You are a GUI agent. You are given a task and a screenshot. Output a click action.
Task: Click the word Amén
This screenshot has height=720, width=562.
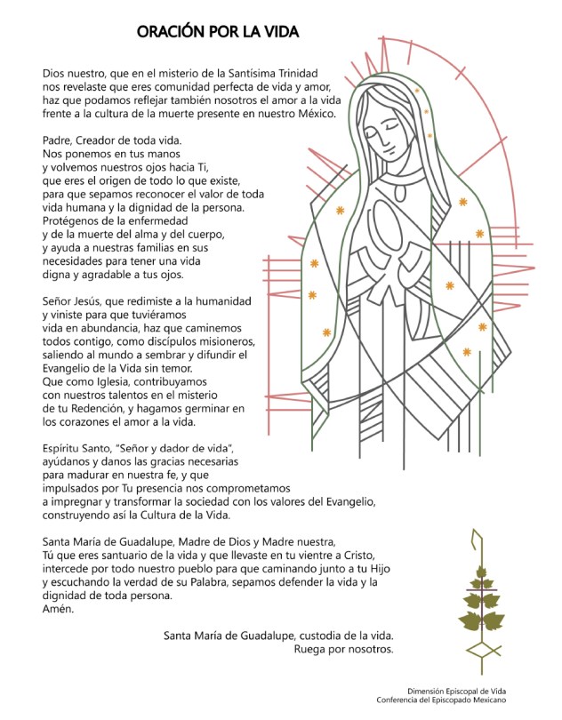pyautogui.click(x=59, y=610)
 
